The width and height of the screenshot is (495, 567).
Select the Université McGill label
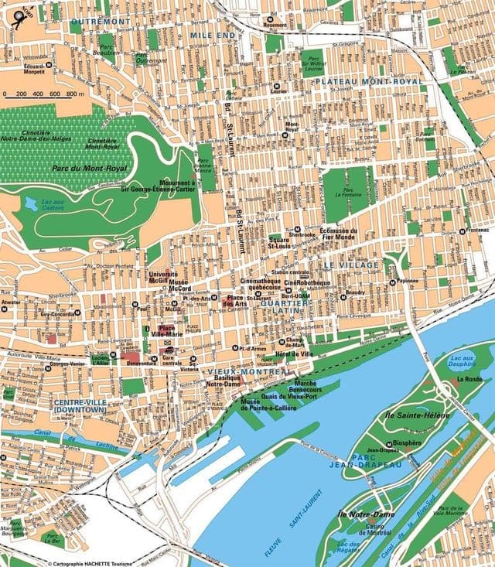[163, 278]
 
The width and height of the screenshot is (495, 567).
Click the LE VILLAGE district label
[351, 265]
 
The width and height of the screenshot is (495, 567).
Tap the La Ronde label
[469, 380]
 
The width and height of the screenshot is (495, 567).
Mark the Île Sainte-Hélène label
[413, 416]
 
